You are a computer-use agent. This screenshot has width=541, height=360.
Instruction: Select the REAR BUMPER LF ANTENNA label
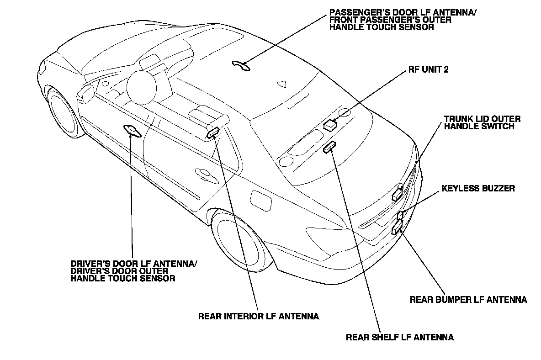tap(468, 300)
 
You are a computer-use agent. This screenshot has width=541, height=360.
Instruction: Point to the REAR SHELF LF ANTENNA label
tap(400, 338)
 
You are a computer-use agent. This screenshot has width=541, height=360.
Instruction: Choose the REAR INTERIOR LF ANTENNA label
tap(259, 316)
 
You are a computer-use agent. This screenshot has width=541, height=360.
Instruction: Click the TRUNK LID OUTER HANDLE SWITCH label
tap(482, 122)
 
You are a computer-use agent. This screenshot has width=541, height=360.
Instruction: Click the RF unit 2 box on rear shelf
tap(330, 124)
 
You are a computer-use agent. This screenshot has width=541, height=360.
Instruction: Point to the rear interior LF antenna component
tap(213, 133)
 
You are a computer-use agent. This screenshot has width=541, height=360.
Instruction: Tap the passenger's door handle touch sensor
tap(241, 65)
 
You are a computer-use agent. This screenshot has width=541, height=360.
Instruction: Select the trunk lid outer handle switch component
tap(397, 195)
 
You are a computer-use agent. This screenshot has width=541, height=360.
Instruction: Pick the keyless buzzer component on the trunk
tap(400, 214)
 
